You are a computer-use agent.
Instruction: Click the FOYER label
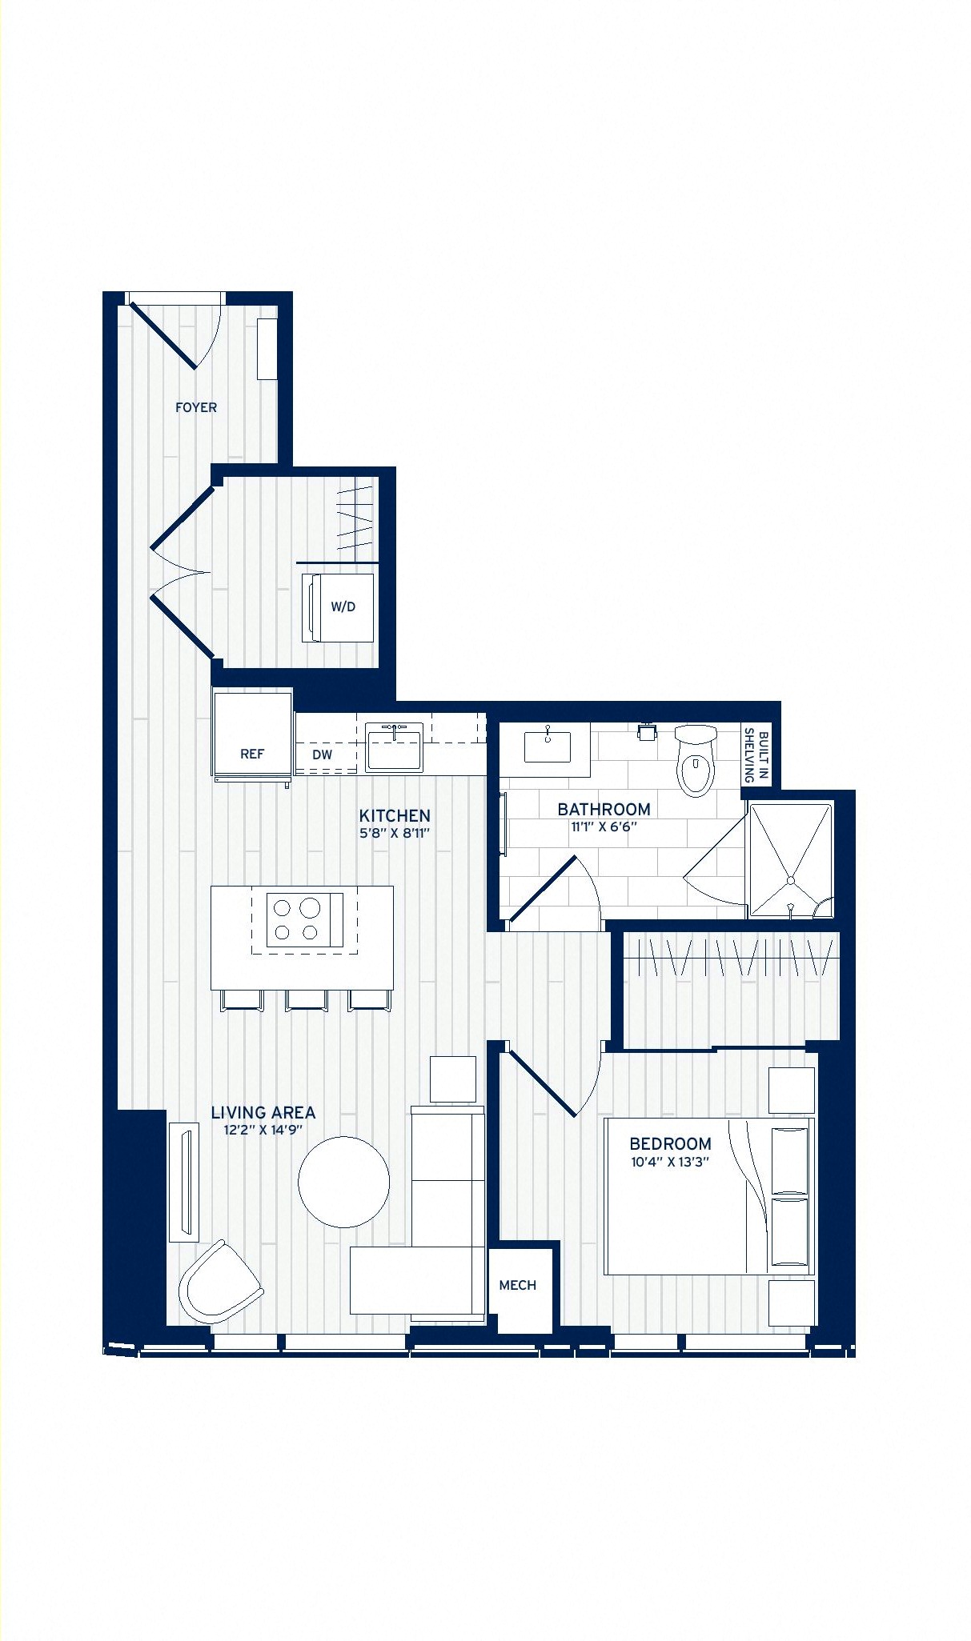tap(196, 407)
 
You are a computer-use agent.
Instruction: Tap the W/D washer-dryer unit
tap(337, 606)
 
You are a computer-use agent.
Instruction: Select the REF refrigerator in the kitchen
tap(252, 736)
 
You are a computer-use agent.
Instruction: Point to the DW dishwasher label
tap(322, 754)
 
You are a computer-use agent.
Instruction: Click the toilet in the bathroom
tap(695, 760)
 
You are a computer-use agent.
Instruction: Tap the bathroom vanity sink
tap(548, 745)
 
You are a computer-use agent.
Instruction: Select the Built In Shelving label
tap(756, 755)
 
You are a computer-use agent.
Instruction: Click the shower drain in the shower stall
tap(791, 880)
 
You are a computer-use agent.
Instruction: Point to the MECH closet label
tap(518, 1285)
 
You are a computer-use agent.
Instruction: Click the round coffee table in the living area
tap(344, 1182)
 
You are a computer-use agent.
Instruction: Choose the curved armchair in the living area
tap(219, 1283)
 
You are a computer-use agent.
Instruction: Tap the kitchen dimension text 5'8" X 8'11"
tap(395, 833)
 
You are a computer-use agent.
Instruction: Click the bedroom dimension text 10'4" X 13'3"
tap(670, 1162)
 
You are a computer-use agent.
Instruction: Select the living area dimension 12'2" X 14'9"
tap(263, 1130)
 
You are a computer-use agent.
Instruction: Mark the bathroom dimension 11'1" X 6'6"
tap(604, 827)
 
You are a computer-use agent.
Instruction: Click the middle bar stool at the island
tap(307, 1000)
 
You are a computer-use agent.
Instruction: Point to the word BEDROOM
tap(670, 1144)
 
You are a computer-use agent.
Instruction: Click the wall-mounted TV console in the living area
tap(184, 1183)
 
